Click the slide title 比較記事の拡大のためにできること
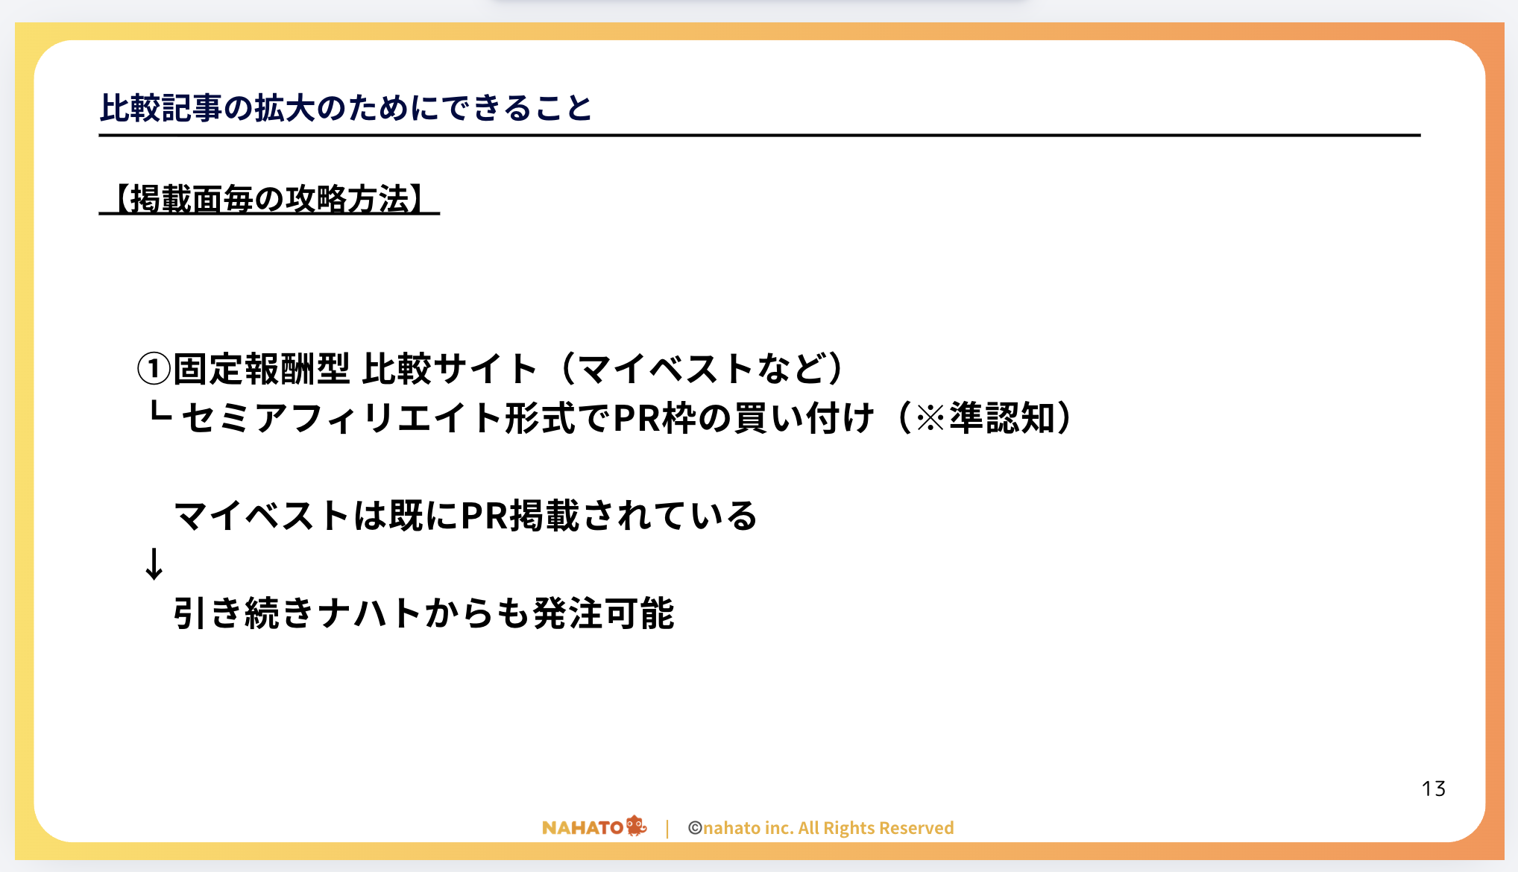pos(345,108)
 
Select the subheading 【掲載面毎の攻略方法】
pos(269,199)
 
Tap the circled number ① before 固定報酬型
pos(154,368)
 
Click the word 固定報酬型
pos(261,368)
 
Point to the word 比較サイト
pos(450,368)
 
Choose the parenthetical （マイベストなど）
pos(702,368)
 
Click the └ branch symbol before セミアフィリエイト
pos(160,412)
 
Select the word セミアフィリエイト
pos(341,417)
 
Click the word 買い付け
pos(804,417)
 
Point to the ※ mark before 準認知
pos(930,418)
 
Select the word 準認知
pos(1002,417)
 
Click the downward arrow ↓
pos(154,563)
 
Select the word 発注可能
pos(604,613)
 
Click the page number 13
pos(1434,789)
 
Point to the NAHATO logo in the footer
pos(594,827)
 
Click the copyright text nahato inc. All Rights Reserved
pos(828,828)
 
